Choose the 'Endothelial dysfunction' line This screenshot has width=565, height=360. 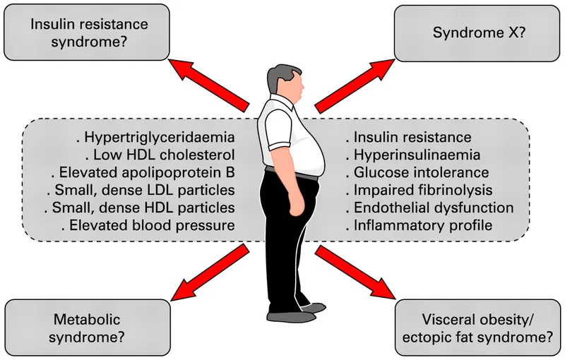coord(429,208)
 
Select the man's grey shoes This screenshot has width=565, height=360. coord(297,315)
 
